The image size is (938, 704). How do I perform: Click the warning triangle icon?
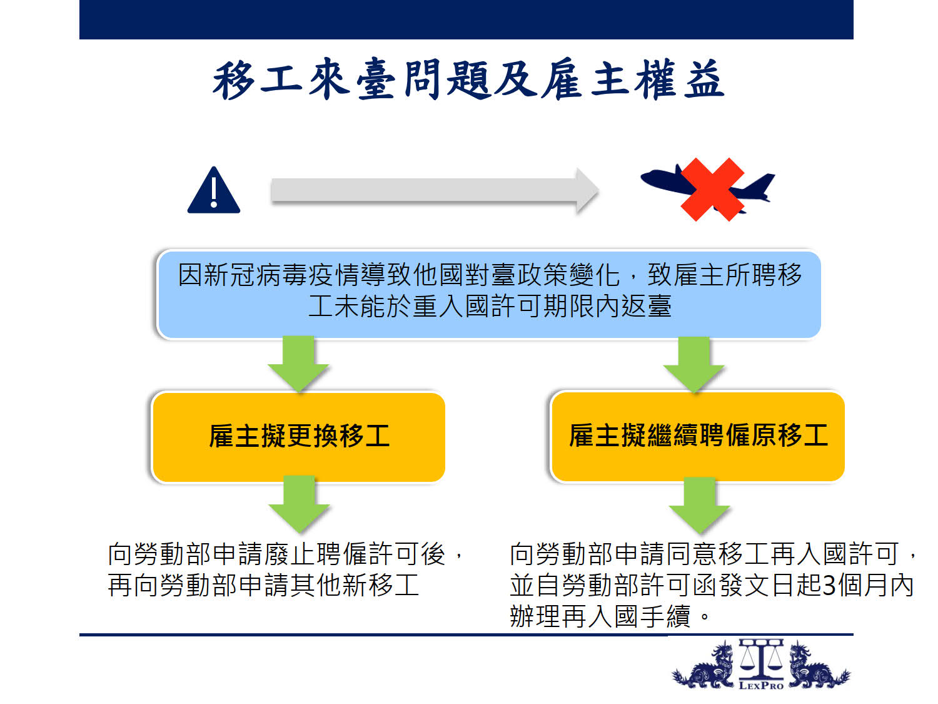(214, 191)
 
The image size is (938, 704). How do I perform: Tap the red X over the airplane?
(712, 190)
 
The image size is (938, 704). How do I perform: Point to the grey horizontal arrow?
(434, 191)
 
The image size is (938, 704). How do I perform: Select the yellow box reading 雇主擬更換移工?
(299, 437)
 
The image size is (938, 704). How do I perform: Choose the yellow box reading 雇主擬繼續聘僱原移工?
(698, 436)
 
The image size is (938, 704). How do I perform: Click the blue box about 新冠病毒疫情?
(489, 294)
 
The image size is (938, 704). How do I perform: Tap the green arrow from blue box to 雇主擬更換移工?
(298, 364)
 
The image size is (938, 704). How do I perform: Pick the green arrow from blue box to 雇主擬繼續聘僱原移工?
(693, 365)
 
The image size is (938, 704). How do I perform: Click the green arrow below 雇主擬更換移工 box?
(299, 504)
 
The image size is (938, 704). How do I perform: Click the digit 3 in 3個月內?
(829, 585)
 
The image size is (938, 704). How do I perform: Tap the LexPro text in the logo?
(761, 686)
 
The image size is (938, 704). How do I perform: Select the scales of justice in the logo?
(761, 658)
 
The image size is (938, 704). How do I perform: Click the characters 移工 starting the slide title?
(258, 79)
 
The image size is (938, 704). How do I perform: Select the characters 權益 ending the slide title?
(679, 79)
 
